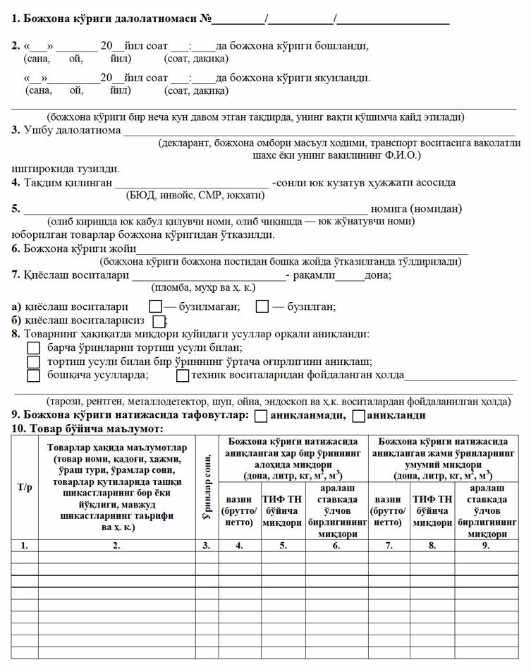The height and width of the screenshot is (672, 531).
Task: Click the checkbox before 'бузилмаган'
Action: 156,307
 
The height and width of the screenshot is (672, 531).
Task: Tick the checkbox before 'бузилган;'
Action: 262,307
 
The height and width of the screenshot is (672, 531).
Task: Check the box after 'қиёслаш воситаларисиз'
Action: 159,321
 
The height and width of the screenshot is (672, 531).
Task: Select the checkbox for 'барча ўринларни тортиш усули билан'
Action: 33,348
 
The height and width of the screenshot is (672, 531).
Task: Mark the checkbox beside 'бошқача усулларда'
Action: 33,376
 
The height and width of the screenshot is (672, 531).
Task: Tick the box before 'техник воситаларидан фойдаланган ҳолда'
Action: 183,376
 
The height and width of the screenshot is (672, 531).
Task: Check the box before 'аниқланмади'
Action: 260,416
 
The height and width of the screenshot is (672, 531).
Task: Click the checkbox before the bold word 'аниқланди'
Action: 358,416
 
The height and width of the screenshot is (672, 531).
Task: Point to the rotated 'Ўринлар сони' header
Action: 207,486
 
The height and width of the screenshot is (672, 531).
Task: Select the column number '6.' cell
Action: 333,545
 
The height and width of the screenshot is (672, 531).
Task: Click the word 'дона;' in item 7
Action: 378,275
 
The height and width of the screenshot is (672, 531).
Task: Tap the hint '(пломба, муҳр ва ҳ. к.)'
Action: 203,287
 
